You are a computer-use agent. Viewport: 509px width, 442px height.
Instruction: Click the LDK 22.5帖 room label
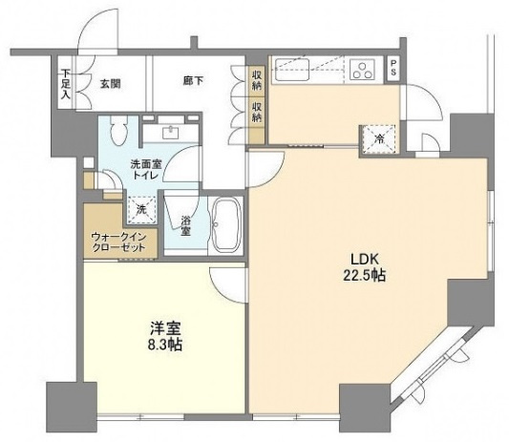[364, 267]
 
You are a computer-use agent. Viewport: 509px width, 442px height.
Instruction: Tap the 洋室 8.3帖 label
[165, 337]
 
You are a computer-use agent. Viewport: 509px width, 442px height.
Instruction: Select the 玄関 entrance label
[110, 84]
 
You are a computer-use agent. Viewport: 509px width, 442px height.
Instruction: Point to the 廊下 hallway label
[193, 81]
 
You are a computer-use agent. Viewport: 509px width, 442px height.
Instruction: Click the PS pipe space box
[393, 69]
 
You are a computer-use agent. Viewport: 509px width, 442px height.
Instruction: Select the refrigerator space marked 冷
[378, 139]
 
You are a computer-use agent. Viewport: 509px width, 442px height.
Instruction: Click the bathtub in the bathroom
[226, 224]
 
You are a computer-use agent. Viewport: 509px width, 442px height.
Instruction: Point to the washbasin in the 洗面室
[169, 132]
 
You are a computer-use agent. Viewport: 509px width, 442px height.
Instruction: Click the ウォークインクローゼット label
[118, 242]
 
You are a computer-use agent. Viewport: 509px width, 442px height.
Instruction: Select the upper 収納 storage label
[257, 79]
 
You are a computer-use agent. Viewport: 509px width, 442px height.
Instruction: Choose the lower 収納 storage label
[257, 112]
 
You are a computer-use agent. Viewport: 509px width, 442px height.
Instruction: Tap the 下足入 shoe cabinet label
[66, 84]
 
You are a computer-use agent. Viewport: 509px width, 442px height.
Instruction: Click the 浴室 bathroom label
[185, 225]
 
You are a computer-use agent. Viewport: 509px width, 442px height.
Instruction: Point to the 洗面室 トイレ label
[145, 169]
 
